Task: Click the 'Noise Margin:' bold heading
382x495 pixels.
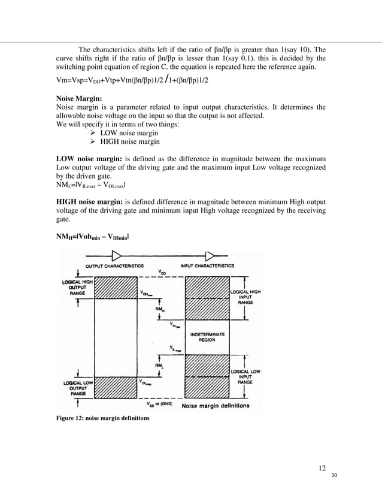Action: pos(76,98)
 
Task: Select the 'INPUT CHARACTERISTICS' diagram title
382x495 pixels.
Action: pos(207,265)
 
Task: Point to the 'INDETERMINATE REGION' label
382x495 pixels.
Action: pos(207,336)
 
